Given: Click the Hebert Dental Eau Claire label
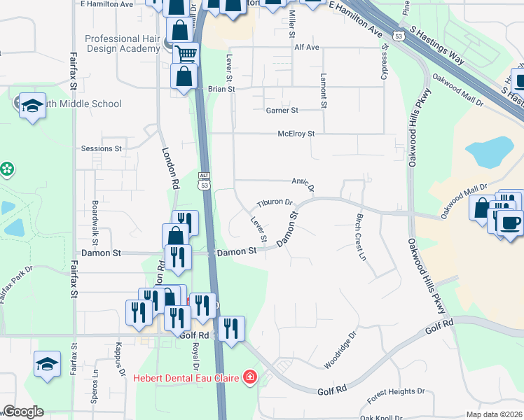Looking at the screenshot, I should point(187,378).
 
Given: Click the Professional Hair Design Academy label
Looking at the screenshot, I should point(123,43).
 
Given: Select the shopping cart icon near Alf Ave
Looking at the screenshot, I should point(186,53).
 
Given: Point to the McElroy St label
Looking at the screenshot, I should point(296,133).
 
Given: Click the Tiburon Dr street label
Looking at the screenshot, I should point(274,202).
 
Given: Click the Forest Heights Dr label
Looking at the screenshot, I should point(396,391).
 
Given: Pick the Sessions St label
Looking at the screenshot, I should point(102,148).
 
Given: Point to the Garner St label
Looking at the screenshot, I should point(282,111).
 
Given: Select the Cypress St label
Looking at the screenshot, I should point(384,63).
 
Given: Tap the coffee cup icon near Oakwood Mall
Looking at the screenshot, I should point(510,222).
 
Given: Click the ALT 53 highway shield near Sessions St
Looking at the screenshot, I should point(204,181).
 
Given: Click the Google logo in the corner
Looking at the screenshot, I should point(23,412).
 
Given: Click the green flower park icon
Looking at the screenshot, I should point(7,169).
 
